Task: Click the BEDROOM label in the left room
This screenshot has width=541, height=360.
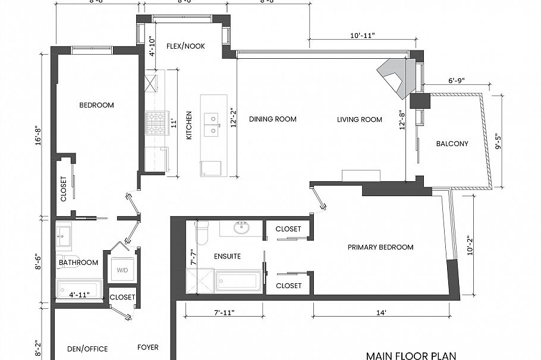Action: pyautogui.click(x=96, y=105)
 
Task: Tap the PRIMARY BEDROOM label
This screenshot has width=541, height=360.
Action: pyautogui.click(x=380, y=247)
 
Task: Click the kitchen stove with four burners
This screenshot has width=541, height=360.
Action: pyautogui.click(x=156, y=124)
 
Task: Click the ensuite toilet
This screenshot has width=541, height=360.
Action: pyautogui.click(x=202, y=233)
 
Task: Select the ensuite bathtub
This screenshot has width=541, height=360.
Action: pyautogui.click(x=238, y=280)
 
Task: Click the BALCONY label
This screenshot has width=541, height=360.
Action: pyautogui.click(x=452, y=144)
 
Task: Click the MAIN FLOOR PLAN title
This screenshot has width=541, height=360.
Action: pyautogui.click(x=411, y=356)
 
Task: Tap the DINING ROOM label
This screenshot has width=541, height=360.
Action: pyautogui.click(x=272, y=119)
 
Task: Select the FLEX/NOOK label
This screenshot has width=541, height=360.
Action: pyautogui.click(x=185, y=46)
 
